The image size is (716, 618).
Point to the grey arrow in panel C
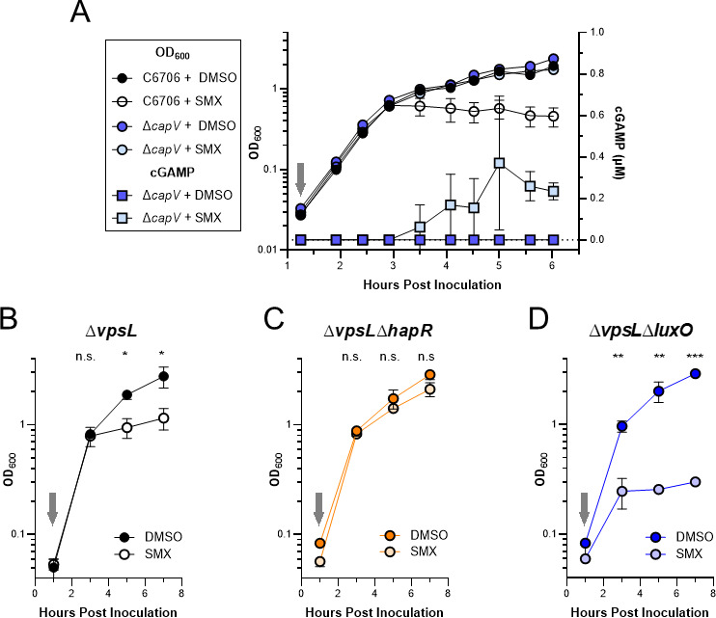pos(319,507)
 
